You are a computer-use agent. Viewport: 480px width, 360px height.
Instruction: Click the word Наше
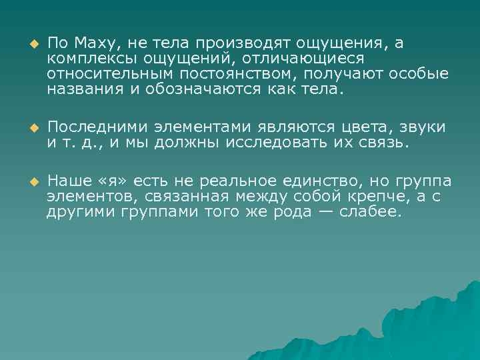(69, 181)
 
